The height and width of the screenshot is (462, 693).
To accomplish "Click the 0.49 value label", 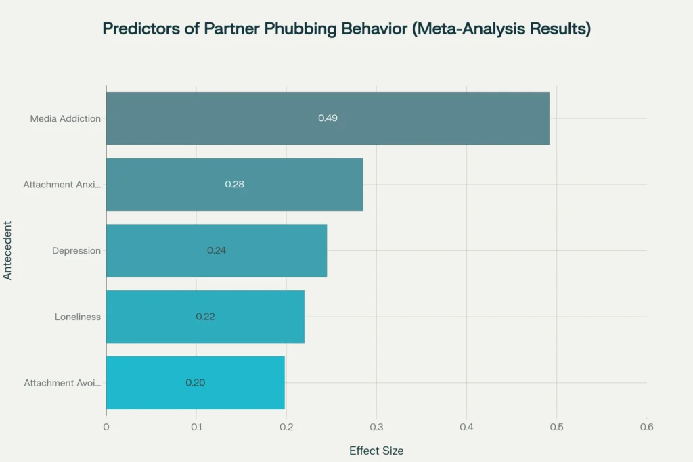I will (x=328, y=118).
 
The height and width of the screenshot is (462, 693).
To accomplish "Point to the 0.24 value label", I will (x=217, y=250).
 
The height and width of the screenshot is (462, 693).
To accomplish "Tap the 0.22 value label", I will (x=205, y=317).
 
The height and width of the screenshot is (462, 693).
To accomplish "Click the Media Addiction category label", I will (x=66, y=119).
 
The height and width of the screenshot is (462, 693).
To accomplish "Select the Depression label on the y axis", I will (x=76, y=251).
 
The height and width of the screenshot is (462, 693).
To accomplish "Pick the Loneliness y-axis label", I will (x=78, y=317).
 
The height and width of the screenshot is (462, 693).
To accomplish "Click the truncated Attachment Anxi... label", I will (x=62, y=185).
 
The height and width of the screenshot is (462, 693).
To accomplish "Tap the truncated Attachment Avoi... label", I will (x=62, y=383).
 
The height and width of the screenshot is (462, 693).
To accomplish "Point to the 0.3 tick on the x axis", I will (x=376, y=427).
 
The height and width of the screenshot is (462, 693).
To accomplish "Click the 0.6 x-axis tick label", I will (x=646, y=427).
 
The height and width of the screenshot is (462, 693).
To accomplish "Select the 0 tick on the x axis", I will (x=106, y=427).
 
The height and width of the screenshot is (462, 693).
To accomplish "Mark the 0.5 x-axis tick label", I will (x=556, y=427).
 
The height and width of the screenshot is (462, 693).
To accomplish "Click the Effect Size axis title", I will (x=376, y=451).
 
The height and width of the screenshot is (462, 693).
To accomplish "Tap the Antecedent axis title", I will (x=7, y=250).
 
